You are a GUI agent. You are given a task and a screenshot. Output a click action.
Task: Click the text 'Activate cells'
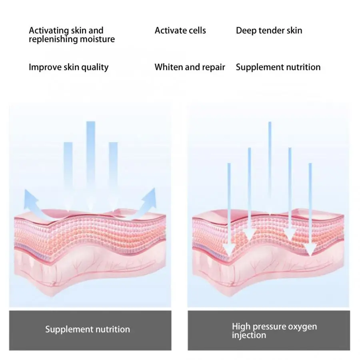point(180,30)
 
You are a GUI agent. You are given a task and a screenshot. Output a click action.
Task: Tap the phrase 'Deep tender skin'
point(269,31)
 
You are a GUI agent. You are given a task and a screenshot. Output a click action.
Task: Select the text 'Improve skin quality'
point(68,68)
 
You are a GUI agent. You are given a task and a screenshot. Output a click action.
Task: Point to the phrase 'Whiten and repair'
point(190,67)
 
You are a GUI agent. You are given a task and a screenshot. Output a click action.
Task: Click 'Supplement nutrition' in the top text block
point(278,68)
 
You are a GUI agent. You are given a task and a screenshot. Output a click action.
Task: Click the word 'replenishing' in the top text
point(53,40)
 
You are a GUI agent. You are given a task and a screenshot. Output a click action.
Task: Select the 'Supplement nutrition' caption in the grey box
point(88,330)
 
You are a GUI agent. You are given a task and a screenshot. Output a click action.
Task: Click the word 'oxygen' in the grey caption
point(302,327)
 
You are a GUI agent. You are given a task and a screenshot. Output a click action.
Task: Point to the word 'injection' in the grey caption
point(249,336)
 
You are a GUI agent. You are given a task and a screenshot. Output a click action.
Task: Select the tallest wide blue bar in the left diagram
point(91,165)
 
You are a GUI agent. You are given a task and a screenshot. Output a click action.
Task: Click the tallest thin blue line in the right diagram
point(270,168)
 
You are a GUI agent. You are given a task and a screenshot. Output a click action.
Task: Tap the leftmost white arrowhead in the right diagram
point(229,250)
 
